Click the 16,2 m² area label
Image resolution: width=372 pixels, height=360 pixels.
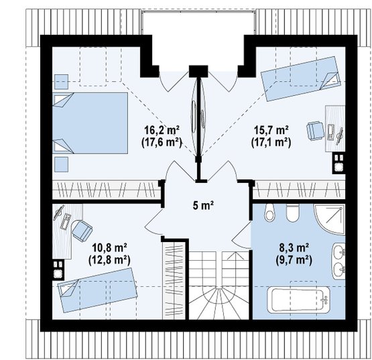pyautogui.click(x=162, y=130)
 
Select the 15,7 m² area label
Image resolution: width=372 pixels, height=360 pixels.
pyautogui.click(x=271, y=130)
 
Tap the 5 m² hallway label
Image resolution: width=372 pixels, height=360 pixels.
pyautogui.click(x=204, y=205)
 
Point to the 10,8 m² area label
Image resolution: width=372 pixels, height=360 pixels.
pyautogui.click(x=109, y=248)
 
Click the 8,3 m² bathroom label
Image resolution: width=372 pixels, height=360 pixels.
pyautogui.click(x=294, y=248)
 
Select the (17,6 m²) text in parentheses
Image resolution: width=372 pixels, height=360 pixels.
pyautogui.click(x=162, y=143)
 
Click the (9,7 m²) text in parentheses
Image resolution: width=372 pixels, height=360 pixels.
pyautogui.click(x=294, y=261)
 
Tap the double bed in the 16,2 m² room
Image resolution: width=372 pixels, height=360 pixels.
pyautogui.click(x=90, y=123)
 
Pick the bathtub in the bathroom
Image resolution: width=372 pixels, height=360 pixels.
pyautogui.click(x=299, y=300)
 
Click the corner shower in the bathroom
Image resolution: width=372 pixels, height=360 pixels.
pyautogui.click(x=330, y=219)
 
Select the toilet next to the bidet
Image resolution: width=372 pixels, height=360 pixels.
pyautogui.click(x=292, y=213)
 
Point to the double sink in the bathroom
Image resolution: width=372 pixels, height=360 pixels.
pyautogui.click(x=338, y=261)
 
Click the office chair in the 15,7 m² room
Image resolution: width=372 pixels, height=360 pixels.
pyautogui.click(x=315, y=131)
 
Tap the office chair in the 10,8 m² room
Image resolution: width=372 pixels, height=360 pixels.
pyautogui.click(x=82, y=231)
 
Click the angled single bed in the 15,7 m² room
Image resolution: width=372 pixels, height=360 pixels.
pyautogui.click(x=300, y=79)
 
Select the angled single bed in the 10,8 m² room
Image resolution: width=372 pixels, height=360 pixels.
pyautogui.click(x=97, y=290)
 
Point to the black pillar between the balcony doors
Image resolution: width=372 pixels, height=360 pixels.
pyautogui.click(x=198, y=71)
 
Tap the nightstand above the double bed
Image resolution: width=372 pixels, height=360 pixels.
pyautogui.click(x=61, y=82)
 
